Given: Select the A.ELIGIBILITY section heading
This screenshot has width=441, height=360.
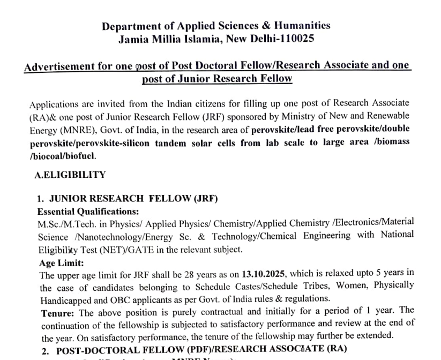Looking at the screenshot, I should point(70,175).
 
